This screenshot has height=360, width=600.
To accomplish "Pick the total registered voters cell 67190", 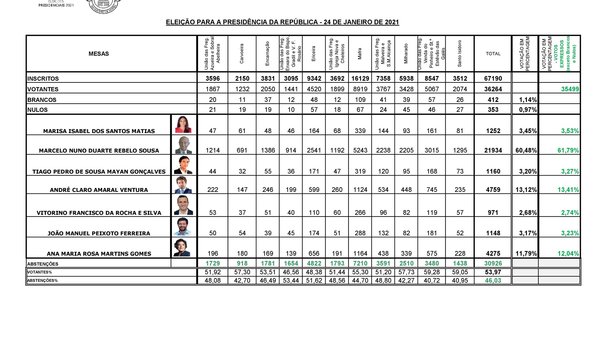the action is coord(492,77).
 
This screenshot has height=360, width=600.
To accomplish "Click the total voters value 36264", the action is coord(492,89).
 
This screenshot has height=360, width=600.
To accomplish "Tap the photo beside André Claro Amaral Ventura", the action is coord(184,187).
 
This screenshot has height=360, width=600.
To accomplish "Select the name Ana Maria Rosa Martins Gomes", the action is coord(107,254).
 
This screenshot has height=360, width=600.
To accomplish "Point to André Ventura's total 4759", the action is coord(492,186).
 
